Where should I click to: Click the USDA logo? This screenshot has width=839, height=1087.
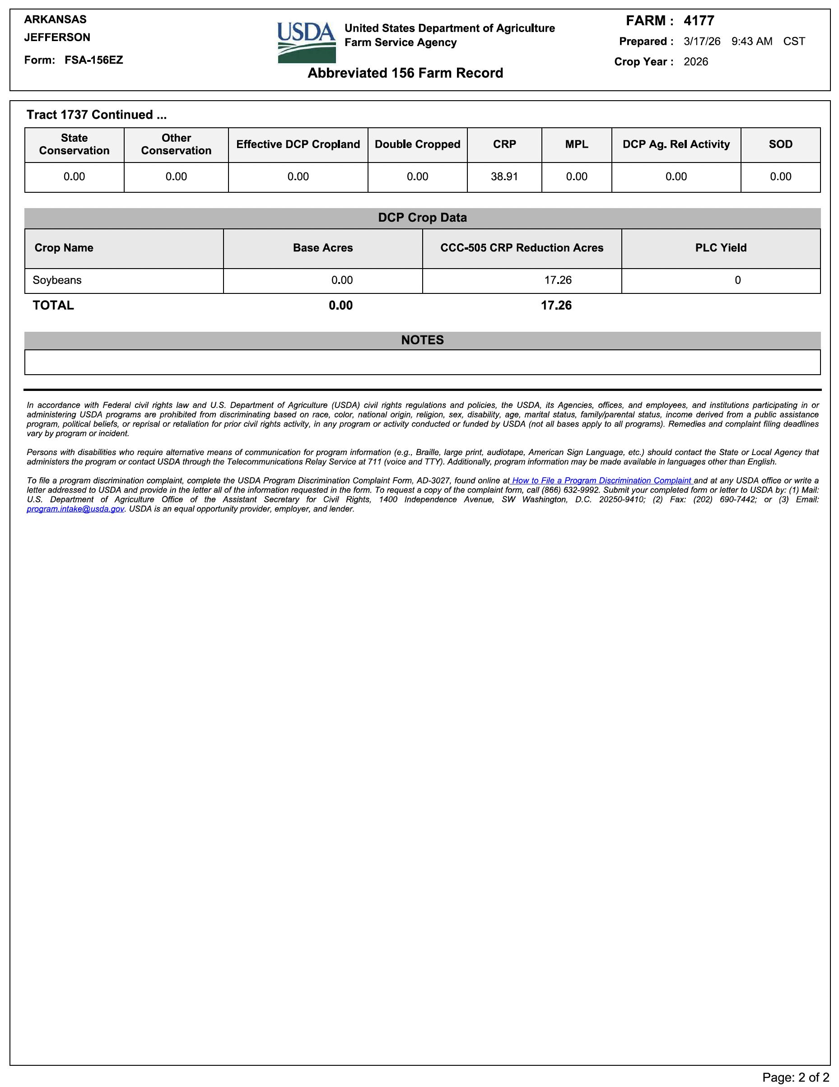[x=306, y=42]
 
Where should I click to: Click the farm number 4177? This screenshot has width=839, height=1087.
[x=699, y=21]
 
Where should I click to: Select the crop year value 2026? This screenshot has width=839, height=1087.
[x=695, y=62]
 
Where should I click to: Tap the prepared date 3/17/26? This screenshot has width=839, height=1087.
[x=702, y=42]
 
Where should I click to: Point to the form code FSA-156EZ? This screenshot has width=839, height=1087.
[x=93, y=60]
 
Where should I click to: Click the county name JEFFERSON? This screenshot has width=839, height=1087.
[x=57, y=37]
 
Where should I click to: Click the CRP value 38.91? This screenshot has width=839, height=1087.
[x=504, y=177]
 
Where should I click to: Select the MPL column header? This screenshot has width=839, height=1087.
[x=577, y=144]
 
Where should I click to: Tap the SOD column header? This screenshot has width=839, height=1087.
[x=780, y=144]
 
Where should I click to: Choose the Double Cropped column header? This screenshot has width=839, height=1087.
[x=417, y=144]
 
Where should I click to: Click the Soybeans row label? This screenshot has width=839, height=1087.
[x=57, y=280]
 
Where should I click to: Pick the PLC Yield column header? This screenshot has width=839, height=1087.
[x=721, y=248]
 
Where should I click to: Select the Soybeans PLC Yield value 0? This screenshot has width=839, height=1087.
[x=737, y=280]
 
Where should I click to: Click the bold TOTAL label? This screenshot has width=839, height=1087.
[x=53, y=306]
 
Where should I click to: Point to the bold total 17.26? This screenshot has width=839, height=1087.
[x=556, y=306]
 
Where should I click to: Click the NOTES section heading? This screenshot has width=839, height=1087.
[x=422, y=340]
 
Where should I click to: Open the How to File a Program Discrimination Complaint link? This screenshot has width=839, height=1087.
[x=601, y=481]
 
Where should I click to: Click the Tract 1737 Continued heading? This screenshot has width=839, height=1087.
[x=97, y=115]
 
